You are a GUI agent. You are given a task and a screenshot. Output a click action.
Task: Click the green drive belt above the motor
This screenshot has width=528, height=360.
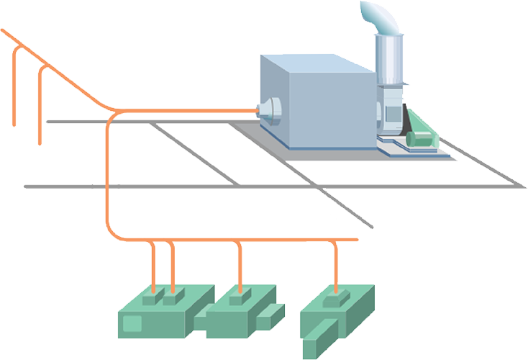pos(414,119)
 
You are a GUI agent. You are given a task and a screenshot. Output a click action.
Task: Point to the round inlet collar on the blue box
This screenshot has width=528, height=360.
pos(270,109)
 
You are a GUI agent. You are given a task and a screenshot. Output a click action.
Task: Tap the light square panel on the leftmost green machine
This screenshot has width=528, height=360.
pos(132,323)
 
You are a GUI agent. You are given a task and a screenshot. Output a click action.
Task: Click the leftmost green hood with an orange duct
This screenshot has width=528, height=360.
pos(152,297)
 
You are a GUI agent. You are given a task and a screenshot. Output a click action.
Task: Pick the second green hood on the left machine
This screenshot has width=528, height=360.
pos(171,297)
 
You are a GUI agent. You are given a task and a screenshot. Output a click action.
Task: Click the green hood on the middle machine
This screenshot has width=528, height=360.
pos(240,297)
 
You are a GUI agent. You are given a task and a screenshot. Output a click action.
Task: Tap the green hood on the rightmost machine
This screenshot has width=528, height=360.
pos(336,296)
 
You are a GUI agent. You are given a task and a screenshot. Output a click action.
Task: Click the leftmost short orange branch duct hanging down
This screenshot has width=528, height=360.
pos(16,86)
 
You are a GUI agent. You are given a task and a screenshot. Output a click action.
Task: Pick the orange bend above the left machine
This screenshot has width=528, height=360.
pos(114,232)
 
